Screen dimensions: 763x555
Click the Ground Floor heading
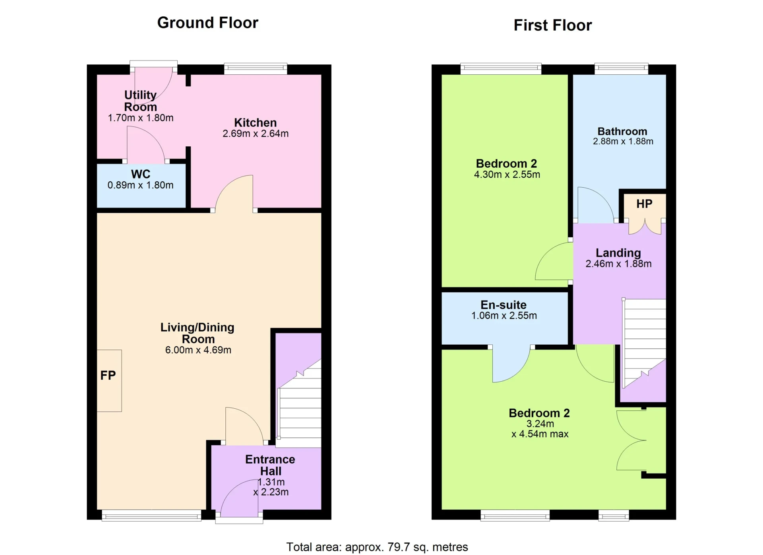tap(208, 23)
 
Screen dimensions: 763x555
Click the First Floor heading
tap(553, 25)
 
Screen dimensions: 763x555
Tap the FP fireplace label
tap(108, 375)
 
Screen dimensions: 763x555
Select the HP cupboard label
tap(644, 204)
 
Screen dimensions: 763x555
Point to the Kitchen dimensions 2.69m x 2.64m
tap(256, 134)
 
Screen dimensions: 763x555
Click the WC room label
tap(141, 174)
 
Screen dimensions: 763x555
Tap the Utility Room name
tap(141, 101)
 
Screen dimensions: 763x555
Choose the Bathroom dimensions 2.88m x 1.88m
tap(623, 141)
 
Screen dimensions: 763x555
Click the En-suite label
tap(504, 305)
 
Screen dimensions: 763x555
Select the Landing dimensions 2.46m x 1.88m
tap(618, 264)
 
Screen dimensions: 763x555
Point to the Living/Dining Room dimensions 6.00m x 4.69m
tap(198, 350)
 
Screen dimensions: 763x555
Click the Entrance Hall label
tap(270, 465)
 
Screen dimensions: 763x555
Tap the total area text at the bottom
tap(377, 547)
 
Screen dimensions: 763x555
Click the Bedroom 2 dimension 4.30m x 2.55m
tap(507, 175)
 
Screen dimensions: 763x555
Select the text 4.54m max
tap(544, 434)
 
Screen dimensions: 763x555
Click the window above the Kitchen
tap(256, 68)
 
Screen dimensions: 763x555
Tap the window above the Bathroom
tap(622, 68)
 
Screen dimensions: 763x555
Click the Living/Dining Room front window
tap(151, 516)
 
